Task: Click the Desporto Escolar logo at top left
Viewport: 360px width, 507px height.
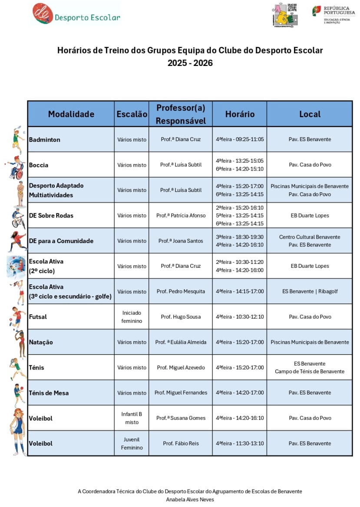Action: (x=76, y=14)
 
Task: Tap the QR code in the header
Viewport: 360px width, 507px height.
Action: (x=292, y=8)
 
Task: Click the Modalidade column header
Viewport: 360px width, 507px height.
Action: (x=71, y=114)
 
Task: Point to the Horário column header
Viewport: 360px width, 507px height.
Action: (x=240, y=114)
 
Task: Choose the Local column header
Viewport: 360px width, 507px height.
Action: (x=310, y=114)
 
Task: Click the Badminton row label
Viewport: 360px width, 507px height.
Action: (x=45, y=140)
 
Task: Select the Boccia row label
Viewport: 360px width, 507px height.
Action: (x=39, y=165)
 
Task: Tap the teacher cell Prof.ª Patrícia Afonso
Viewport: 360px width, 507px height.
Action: (x=181, y=216)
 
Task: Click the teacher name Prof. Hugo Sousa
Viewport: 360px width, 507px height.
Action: (x=181, y=317)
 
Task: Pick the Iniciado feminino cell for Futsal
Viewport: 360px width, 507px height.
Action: (x=132, y=317)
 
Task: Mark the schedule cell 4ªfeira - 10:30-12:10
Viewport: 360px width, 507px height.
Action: (x=240, y=317)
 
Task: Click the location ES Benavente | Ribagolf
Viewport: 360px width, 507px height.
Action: (x=310, y=292)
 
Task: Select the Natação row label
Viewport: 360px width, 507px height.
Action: (x=41, y=342)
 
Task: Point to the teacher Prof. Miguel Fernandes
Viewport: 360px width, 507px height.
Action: (x=181, y=393)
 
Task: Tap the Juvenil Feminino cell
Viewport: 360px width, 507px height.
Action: (x=132, y=444)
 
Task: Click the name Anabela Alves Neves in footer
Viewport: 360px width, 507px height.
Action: (x=190, y=500)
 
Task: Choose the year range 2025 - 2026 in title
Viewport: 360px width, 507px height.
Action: (x=190, y=63)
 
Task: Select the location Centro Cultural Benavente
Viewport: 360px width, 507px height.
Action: (x=310, y=237)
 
